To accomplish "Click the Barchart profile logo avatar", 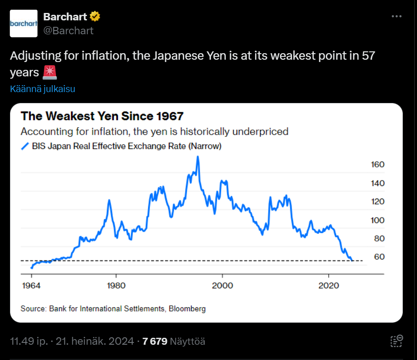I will tap(24, 23).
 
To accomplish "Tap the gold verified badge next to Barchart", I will tap(95, 17).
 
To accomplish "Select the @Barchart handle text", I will tap(68, 31).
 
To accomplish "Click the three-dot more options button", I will tap(397, 16).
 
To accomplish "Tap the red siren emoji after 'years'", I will tap(50, 73).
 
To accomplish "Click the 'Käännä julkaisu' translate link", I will tap(43, 89).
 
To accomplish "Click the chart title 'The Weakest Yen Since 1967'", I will tap(102, 116).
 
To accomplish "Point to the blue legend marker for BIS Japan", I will tap(25, 147).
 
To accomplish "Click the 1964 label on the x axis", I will tap(31, 285).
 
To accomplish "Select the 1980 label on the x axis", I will tap(116, 285).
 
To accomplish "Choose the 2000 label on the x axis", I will tap(223, 285).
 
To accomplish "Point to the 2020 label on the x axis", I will tap(329, 285).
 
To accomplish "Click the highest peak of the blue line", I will tap(198, 157).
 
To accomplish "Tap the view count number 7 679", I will tap(155, 341).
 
